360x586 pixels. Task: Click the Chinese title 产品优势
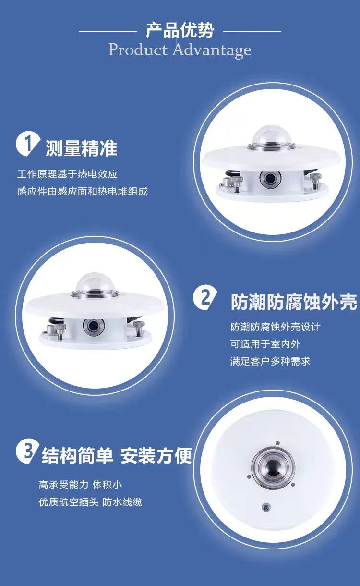tap(180, 30)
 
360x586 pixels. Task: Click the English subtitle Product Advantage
tap(180, 49)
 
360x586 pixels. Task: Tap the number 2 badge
tap(205, 298)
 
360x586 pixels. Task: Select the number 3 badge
tap(28, 451)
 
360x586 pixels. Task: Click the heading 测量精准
tap(81, 148)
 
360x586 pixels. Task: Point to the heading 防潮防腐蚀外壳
tap(294, 303)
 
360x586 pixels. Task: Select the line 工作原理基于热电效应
tap(67, 174)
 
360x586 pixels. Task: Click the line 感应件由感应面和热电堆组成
tap(83, 191)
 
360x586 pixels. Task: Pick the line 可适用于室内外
tap(265, 344)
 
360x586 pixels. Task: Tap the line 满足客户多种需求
tap(270, 361)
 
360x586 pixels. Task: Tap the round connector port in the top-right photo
tap(270, 179)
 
